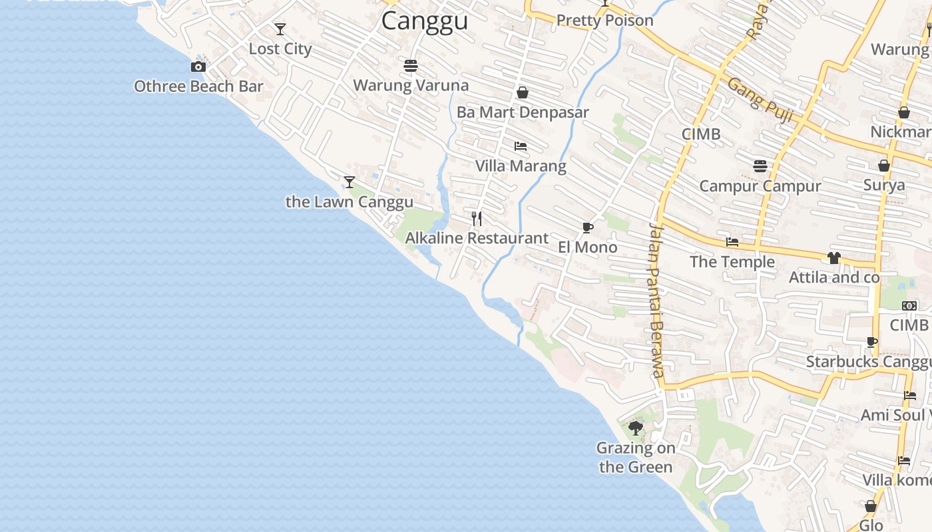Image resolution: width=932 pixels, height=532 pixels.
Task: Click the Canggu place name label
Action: point(425,21)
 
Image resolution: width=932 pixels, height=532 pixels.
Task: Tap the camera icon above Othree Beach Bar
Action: point(198,66)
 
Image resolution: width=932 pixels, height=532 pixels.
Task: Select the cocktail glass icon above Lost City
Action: point(280,29)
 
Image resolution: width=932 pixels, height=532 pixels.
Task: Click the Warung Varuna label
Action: point(411,86)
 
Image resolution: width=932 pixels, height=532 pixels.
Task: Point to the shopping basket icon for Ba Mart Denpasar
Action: point(523,92)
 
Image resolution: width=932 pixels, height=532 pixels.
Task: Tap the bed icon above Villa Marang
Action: point(521,146)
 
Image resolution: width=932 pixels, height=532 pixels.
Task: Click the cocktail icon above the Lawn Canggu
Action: point(349,182)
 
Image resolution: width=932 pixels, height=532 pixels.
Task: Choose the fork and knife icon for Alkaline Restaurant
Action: point(477,219)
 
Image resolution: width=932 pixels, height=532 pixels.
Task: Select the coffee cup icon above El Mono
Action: point(588,228)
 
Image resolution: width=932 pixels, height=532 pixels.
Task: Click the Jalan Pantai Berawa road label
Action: point(656,301)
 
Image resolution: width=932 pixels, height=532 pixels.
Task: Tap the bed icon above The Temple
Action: point(732,242)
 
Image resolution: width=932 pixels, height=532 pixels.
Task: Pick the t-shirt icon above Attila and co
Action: point(834,257)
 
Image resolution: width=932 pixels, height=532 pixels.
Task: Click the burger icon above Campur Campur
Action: point(760,166)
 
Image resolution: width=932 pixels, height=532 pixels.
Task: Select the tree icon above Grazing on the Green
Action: point(636,428)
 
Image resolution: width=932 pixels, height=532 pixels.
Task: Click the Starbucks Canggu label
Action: point(869,362)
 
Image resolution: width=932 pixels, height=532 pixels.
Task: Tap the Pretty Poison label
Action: point(605,21)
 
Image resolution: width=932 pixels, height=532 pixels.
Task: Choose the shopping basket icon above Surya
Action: point(884,166)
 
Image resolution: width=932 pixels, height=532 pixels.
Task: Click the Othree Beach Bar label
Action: point(198,86)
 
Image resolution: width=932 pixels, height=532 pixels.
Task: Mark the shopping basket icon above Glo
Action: point(870,506)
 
